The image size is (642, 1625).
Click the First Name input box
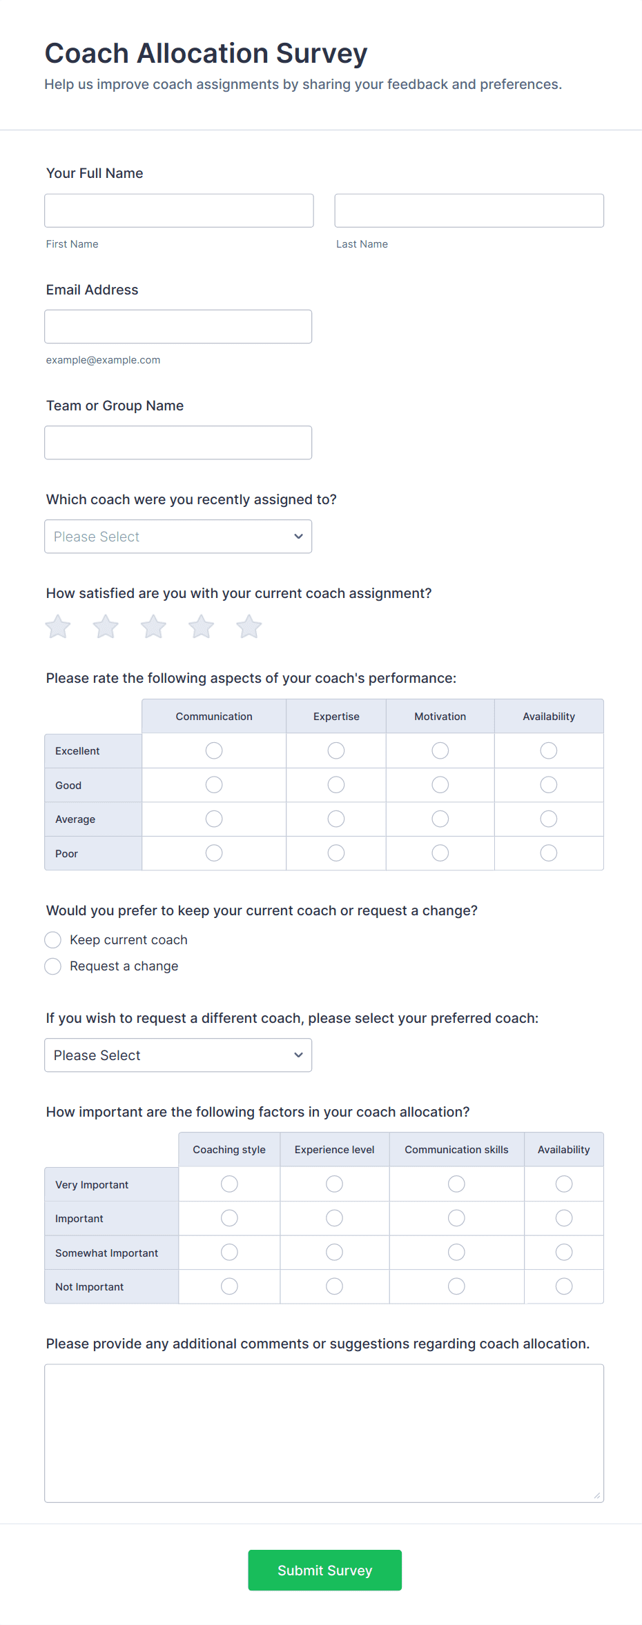tap(179, 210)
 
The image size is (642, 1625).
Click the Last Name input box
tap(469, 210)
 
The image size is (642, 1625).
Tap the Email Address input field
tap(178, 326)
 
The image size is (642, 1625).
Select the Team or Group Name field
tap(178, 442)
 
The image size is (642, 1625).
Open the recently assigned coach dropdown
tap(178, 537)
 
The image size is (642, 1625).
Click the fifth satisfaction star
tap(249, 627)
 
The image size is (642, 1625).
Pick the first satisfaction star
tap(58, 627)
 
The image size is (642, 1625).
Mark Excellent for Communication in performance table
tap(214, 750)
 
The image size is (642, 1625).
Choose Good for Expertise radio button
tap(336, 785)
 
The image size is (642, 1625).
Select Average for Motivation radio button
tap(440, 819)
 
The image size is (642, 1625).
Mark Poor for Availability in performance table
tap(549, 853)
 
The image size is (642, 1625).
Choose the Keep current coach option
tap(53, 940)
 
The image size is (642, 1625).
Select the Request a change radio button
tap(53, 966)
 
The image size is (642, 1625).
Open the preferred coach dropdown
tap(178, 1055)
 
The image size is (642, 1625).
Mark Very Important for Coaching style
tap(229, 1184)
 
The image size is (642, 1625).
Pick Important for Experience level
tap(335, 1218)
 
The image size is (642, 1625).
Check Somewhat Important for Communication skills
tap(456, 1253)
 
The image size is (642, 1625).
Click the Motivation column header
tap(440, 717)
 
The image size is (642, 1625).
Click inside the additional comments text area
tap(324, 1433)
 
